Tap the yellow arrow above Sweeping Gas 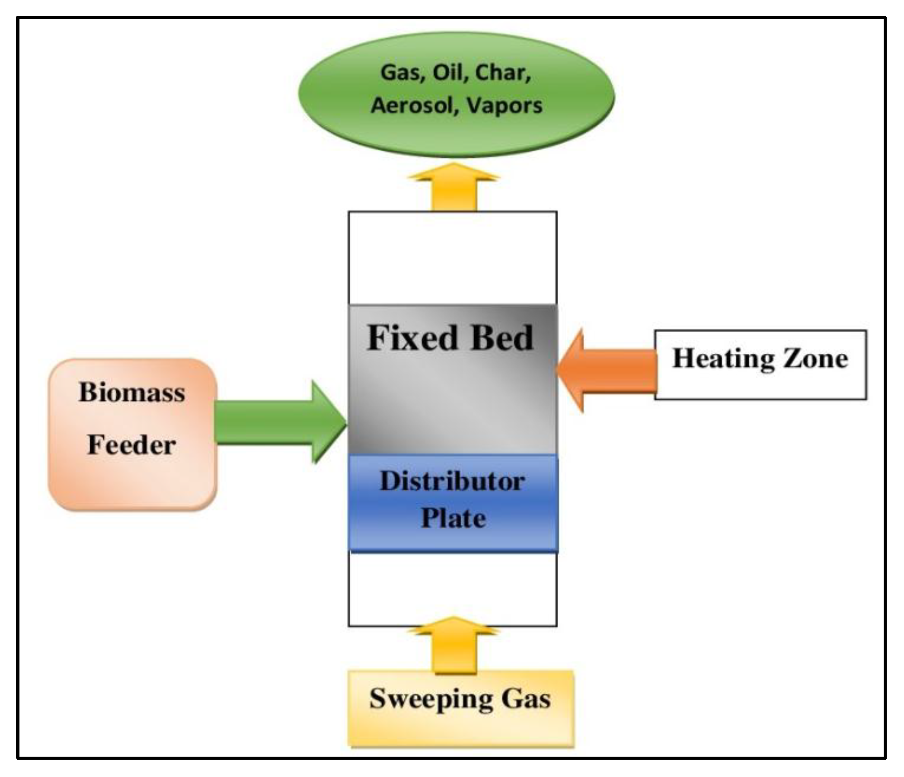pos(454,645)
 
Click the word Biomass pos(132,392)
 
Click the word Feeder pos(132,445)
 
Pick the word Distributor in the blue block pos(453,481)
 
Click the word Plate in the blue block pos(454,518)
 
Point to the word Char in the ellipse pos(502,72)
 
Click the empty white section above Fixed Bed pos(453,257)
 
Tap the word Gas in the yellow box pos(526,698)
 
